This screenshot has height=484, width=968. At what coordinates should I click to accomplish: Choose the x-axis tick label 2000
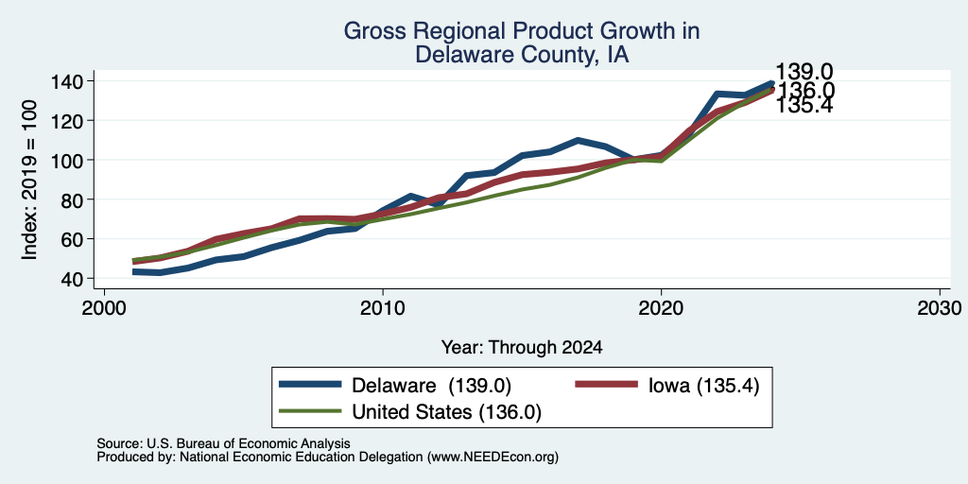click(x=104, y=308)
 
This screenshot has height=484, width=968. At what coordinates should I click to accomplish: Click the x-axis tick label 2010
click(x=383, y=308)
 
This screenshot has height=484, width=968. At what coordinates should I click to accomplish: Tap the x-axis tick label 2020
click(x=661, y=308)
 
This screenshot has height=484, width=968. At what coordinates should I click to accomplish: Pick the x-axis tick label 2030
click(x=940, y=308)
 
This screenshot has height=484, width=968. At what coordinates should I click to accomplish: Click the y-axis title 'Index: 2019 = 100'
click(x=29, y=180)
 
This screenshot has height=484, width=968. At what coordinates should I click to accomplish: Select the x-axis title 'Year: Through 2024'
click(x=522, y=348)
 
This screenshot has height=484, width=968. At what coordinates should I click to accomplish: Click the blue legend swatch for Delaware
click(x=310, y=385)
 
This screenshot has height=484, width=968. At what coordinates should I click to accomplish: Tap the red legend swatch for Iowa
click(x=606, y=385)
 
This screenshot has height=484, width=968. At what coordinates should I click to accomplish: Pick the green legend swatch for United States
click(x=310, y=411)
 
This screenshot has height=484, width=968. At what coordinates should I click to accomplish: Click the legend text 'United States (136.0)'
click(x=446, y=412)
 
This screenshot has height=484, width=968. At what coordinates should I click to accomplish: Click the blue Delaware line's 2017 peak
click(x=578, y=140)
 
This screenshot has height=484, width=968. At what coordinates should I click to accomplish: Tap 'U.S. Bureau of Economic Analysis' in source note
click(x=249, y=443)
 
